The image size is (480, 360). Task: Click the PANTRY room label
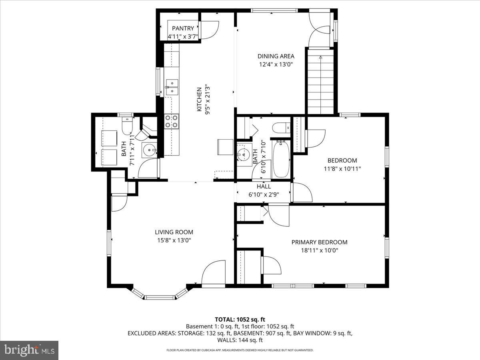183,28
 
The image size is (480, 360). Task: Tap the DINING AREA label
276,56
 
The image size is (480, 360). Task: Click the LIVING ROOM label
174,232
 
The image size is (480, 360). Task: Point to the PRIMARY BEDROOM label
319,242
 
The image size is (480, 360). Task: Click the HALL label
264,186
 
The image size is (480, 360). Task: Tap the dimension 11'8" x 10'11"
342,169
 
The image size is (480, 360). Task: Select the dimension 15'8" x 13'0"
174,240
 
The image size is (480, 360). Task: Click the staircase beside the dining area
320,82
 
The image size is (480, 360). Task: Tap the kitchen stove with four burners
172,121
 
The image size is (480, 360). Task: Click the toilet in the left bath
126,126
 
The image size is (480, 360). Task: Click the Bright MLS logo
29,350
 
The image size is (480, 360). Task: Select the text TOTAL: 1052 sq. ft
240,319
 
